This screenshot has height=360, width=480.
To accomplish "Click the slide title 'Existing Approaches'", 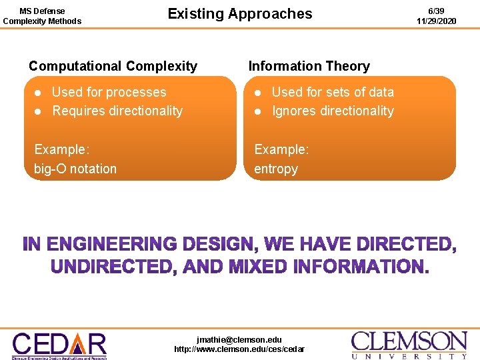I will point(239,14).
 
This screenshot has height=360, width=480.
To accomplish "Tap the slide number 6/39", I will point(437,11).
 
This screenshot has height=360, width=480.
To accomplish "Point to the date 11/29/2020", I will point(437,21).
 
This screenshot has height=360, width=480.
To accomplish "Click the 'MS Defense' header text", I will point(42,11).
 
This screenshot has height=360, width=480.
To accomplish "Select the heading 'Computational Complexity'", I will point(113,66).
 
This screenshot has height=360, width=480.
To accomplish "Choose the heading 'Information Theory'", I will point(309,66).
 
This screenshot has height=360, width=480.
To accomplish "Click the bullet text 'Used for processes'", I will point(109,92).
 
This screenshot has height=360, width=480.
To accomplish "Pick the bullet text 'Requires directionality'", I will point(117,111).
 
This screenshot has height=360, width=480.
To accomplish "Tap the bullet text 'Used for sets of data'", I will point(333,92).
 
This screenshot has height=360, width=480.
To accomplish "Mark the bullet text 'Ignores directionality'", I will point(333,111).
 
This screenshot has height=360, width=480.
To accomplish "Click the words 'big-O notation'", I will point(75,169).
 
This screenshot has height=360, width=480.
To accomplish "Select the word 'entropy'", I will point(276,169).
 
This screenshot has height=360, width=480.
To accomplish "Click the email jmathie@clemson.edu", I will point(239,339).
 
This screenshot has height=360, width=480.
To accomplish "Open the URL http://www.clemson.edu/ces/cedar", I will point(239,349).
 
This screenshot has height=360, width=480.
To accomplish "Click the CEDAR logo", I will point(59,345).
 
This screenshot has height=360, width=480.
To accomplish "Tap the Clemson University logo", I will point(409,345).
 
